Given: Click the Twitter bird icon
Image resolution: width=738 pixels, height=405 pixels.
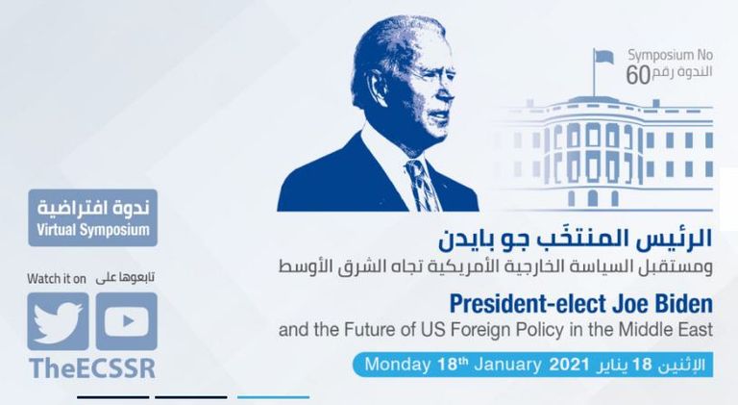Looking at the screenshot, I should [58, 320].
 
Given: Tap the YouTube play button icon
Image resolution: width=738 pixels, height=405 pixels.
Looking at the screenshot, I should [126, 320].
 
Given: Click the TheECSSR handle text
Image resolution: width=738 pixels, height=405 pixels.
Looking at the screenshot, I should [91, 369].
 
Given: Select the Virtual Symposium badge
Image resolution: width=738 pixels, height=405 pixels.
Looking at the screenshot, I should [92, 218].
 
